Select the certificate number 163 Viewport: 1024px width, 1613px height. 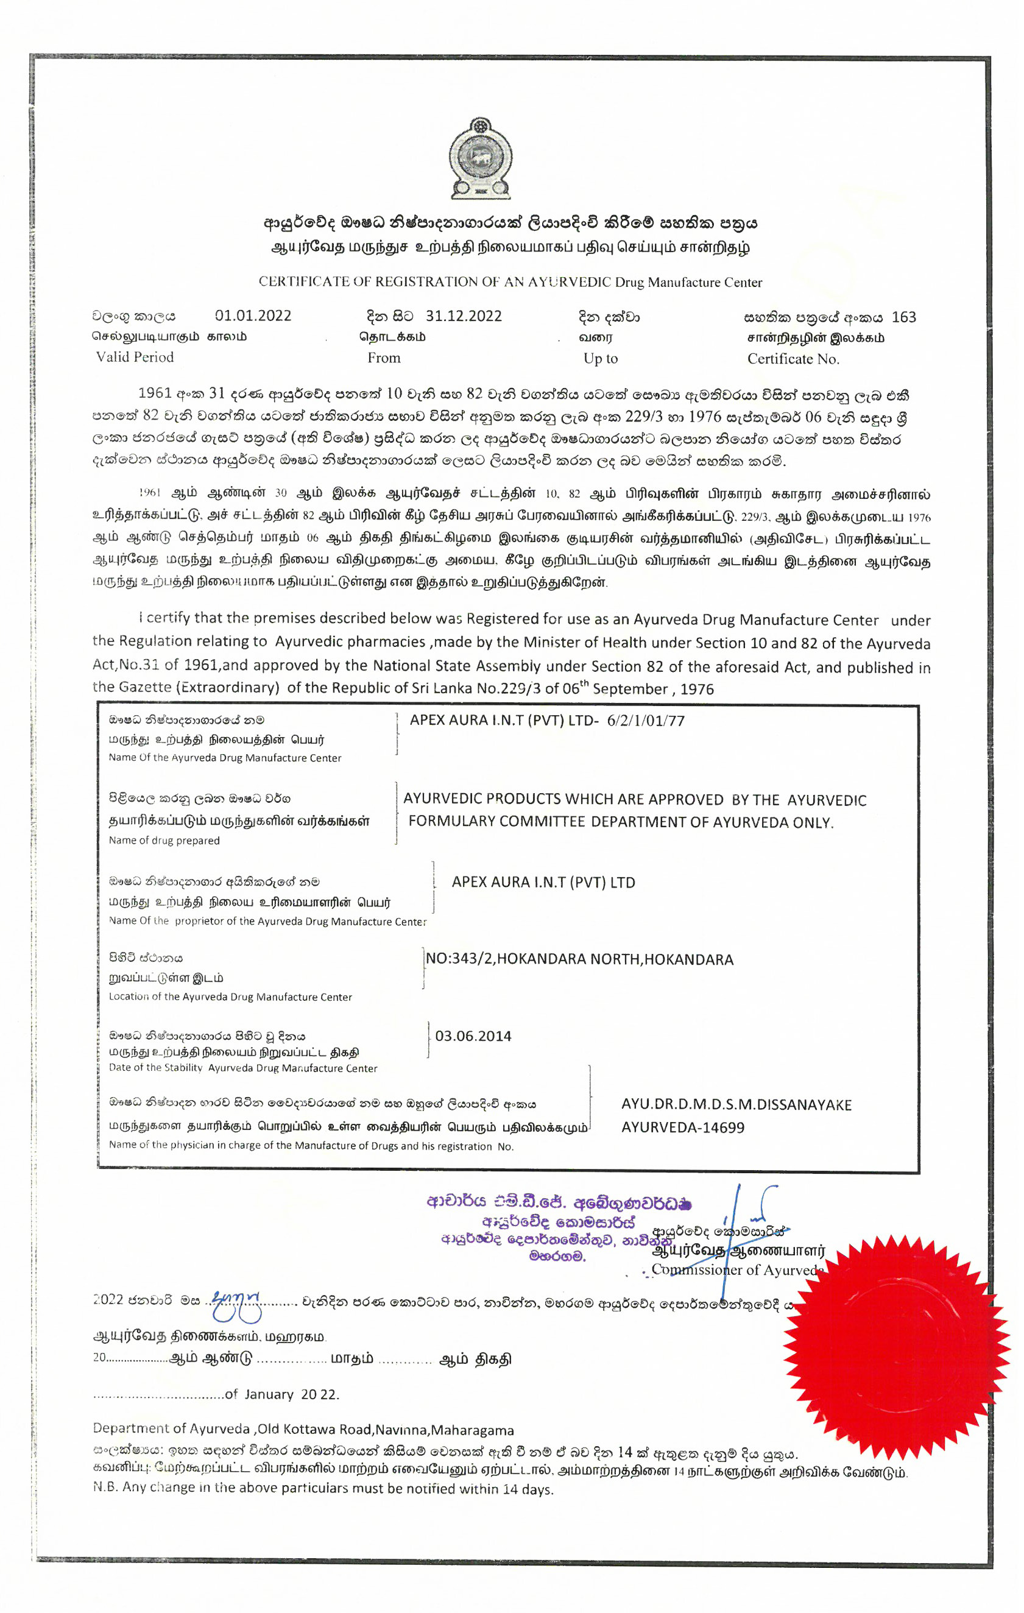[x=903, y=317]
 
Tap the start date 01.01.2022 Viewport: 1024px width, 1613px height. [x=253, y=316]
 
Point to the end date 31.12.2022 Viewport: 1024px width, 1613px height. [x=464, y=316]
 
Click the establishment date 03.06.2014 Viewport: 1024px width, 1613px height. [x=473, y=1036]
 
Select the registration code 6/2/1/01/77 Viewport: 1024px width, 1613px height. [x=646, y=721]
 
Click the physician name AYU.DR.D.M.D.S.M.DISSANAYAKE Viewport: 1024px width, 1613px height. [x=736, y=1104]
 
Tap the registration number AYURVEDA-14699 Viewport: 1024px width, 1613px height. [x=682, y=1128]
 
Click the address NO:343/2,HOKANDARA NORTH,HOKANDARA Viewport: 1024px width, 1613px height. [x=579, y=959]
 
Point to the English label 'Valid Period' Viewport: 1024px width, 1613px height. [x=135, y=357]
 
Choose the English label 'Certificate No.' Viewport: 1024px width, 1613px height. [x=793, y=359]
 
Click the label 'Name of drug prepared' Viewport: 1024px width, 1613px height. [x=164, y=841]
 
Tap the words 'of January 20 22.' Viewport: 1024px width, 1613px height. [x=282, y=1395]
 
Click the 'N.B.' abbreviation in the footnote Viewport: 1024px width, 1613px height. [x=105, y=1488]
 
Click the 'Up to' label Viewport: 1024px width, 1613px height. [x=600, y=358]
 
